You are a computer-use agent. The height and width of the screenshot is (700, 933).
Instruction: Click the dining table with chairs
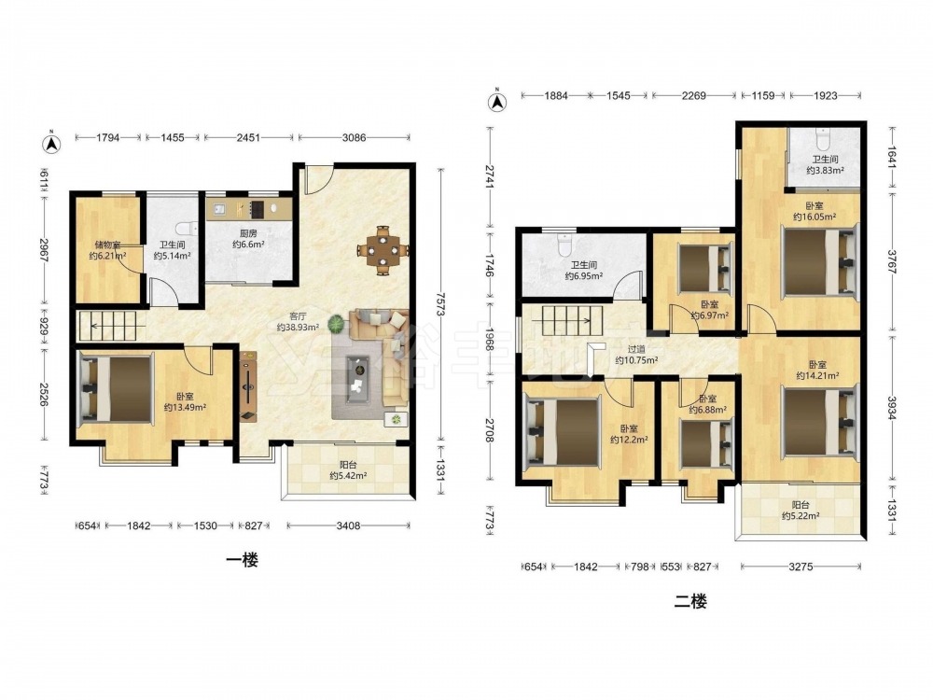pos(383,250)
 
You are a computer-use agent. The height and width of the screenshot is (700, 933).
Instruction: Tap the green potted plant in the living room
pos(338,324)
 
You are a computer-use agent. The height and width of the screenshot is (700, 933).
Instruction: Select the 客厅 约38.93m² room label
pos(298,322)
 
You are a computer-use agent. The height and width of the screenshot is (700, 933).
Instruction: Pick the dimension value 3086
pos(354,137)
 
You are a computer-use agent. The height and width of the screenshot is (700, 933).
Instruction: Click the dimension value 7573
pos(440,306)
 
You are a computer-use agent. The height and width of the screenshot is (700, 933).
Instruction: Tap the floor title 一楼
pos(243,560)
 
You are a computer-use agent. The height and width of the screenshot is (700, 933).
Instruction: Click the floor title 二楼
pos(690,601)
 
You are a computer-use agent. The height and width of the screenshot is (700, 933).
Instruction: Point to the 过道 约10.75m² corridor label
pos(636,356)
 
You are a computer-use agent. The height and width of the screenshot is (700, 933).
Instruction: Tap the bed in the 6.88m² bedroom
pos(706,443)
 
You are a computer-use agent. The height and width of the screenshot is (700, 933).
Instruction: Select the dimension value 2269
pos(694,95)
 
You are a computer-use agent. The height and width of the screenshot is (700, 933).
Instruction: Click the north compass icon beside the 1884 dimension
pos(497,101)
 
